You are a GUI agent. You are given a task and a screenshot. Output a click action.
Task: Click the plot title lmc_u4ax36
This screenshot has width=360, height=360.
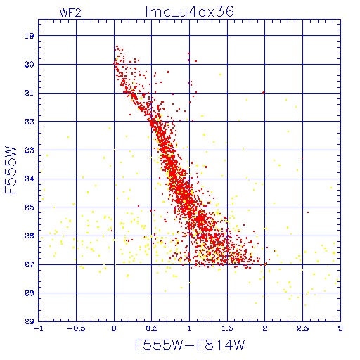point(189,12)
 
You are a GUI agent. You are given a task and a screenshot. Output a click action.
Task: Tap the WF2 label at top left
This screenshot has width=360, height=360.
point(70,13)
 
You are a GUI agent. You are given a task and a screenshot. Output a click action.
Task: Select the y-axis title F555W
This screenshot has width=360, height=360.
point(11,170)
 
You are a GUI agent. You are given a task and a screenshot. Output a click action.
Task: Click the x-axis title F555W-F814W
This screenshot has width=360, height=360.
point(190,345)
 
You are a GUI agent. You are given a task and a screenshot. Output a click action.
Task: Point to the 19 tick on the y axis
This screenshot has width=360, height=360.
point(30,36)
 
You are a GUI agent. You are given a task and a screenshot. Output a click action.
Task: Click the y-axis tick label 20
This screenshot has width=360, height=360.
point(30,65)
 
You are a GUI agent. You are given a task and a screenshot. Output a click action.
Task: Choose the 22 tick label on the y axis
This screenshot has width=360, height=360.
point(30,122)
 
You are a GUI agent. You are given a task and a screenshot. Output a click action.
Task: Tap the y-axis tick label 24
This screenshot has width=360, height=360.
point(30,179)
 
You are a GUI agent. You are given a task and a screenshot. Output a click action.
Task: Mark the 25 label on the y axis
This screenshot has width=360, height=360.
point(30,207)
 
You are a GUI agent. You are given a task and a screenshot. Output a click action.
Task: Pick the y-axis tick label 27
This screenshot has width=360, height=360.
point(30,264)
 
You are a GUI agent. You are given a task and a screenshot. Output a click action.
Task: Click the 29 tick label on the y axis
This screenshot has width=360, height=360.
point(30,321)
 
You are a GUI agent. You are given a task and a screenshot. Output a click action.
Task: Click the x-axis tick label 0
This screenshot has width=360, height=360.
point(114,328)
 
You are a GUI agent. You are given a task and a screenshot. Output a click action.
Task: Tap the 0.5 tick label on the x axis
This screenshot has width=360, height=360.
point(152,328)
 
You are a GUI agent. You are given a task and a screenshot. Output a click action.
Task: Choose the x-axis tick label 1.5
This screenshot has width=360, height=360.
point(227,328)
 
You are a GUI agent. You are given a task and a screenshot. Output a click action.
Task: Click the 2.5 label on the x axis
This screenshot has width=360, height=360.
point(302,328)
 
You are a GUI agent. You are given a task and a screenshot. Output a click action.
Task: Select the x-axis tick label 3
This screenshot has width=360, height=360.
point(340,328)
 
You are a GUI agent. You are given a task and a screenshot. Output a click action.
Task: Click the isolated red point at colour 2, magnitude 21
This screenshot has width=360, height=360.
point(264,93)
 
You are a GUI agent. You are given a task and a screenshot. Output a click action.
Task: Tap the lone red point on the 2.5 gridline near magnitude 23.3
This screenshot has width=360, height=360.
point(302,158)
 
